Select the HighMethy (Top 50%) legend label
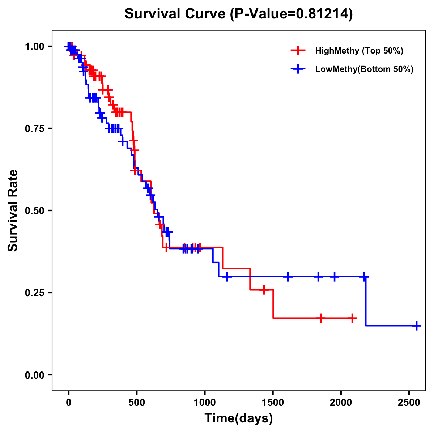click(359, 51)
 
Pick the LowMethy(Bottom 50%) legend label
click(364, 69)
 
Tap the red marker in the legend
click(298, 51)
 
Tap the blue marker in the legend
click(298, 69)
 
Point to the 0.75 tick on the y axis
click(35, 128)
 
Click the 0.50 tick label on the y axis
click(35, 210)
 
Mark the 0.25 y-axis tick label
click(35, 293)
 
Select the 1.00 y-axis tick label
click(35, 46)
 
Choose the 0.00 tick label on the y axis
click(35, 375)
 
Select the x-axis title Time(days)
click(239, 418)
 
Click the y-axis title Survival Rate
click(13, 210)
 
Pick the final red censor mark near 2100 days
click(352, 318)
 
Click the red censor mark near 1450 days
click(264, 290)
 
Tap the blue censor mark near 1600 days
click(288, 277)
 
